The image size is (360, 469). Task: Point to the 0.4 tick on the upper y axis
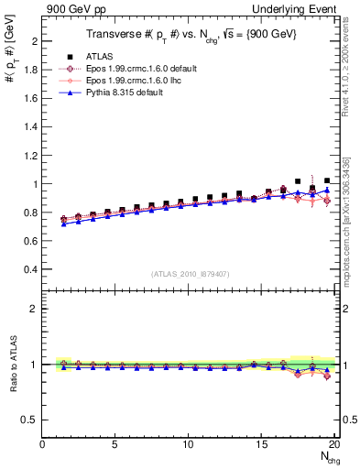click(32, 269)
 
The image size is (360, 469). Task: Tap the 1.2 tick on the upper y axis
click(32, 155)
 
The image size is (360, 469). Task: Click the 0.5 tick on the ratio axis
click(32, 420)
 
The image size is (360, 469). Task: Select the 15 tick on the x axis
click(262, 443)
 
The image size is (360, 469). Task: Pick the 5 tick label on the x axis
click(115, 443)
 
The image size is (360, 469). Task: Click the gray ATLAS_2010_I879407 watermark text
click(191, 273)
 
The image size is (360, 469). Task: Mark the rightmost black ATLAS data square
click(327, 181)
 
